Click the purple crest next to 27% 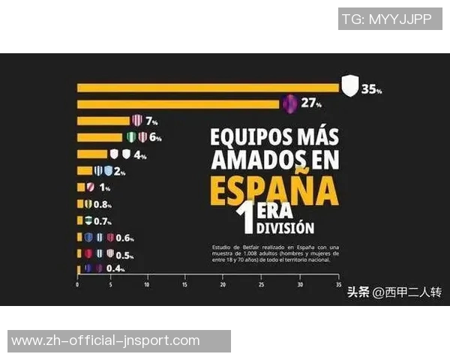[290, 104]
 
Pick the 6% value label [155, 137]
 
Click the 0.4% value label [115, 268]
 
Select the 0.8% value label [103, 204]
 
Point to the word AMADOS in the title [253, 160]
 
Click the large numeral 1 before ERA [244, 220]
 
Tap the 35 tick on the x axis [338, 285]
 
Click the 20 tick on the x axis [223, 285]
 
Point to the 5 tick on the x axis [111, 285]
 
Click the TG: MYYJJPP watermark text [386, 19]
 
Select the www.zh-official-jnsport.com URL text [106, 341]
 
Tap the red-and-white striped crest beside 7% [136, 120]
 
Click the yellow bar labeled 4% [92, 154]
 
